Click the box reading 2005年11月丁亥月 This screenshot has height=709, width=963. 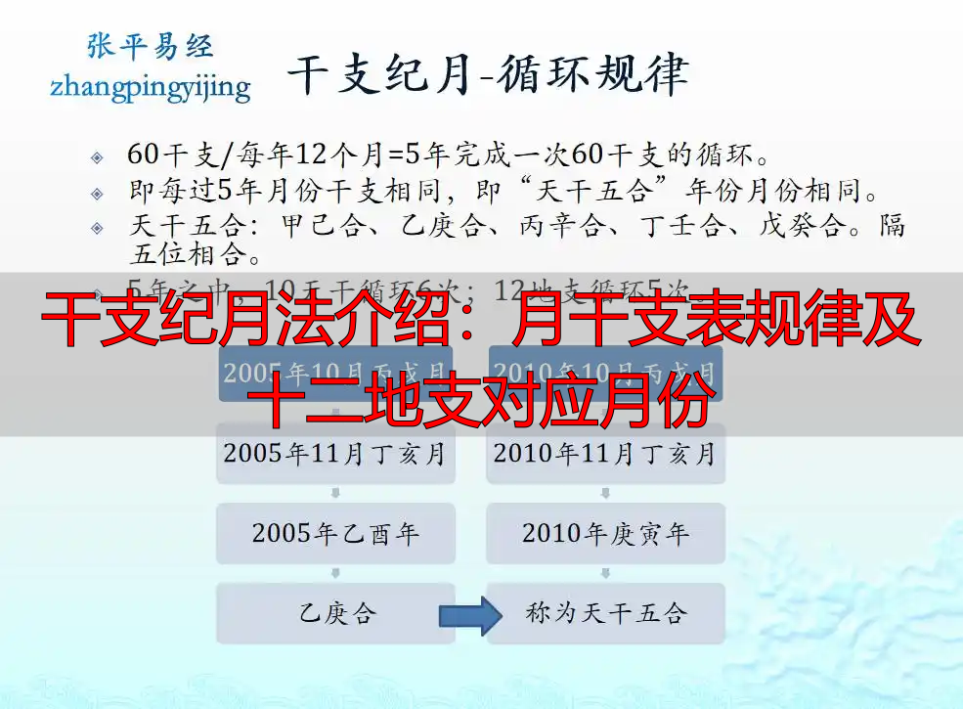tap(335, 454)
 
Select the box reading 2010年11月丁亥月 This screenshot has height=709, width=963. tap(605, 454)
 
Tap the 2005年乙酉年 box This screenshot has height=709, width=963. tap(335, 533)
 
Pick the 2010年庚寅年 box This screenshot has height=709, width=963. tap(605, 533)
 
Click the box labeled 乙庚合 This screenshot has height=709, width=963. tap(335, 613)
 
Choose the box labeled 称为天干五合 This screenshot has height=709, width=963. tap(605, 613)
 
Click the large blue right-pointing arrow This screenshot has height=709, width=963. tap(470, 615)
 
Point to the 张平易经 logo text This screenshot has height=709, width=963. tap(150, 46)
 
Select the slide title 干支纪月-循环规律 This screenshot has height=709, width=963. tap(487, 75)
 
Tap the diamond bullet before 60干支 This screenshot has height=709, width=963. tap(97, 157)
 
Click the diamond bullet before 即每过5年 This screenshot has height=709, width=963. tap(97, 193)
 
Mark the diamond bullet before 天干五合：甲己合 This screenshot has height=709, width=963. tap(97, 228)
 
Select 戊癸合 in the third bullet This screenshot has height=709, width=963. tap(802, 226)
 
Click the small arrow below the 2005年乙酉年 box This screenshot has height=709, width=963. tap(335, 573)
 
